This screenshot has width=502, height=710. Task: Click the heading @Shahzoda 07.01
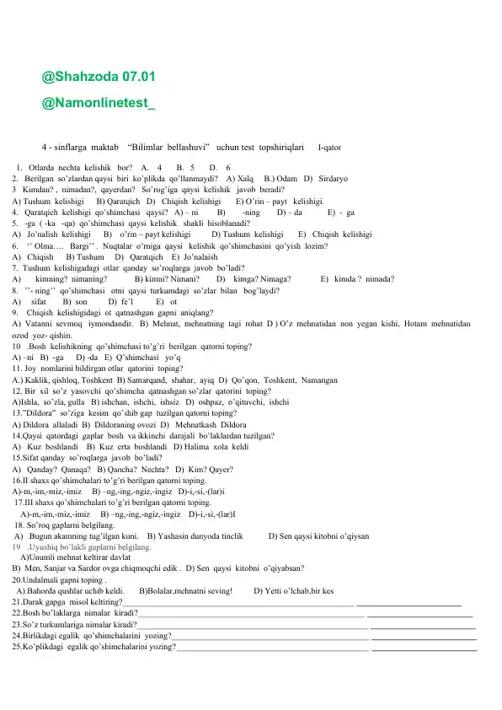click(x=99, y=77)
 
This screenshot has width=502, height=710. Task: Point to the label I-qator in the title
click(x=329, y=147)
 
